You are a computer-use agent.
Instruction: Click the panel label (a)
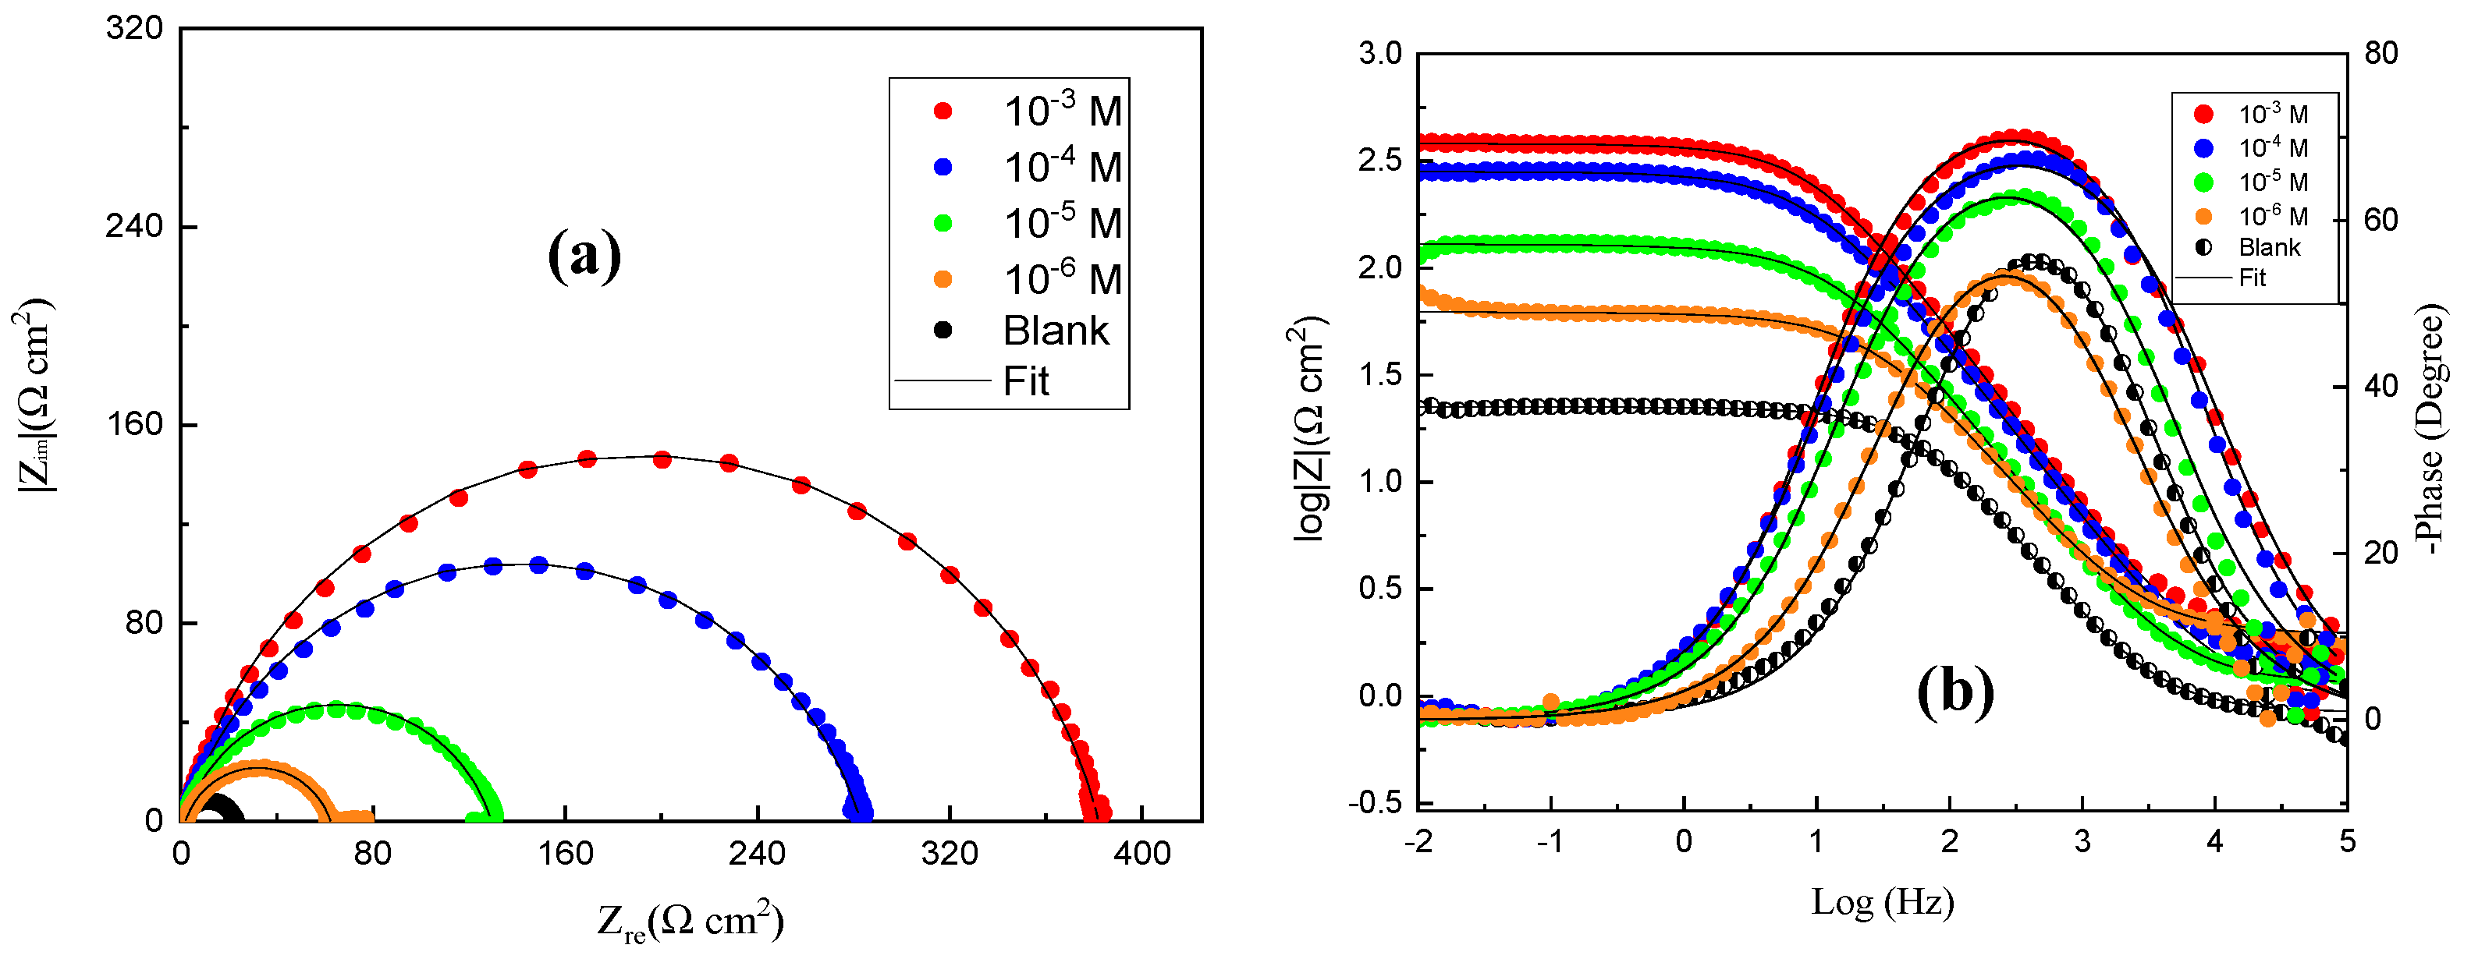(x=584, y=255)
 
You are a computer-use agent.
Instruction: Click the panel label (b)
(x=1955, y=692)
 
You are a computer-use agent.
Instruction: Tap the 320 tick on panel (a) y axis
(x=134, y=29)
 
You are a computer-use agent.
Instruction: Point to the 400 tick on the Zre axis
(x=1141, y=852)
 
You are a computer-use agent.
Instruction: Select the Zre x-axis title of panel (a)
(x=690, y=922)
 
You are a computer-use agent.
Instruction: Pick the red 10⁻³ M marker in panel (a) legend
(x=943, y=111)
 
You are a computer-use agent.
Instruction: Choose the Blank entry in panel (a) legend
(x=1055, y=331)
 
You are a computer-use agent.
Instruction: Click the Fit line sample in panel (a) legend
(x=942, y=380)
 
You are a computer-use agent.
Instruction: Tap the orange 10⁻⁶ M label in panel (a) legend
(x=1062, y=278)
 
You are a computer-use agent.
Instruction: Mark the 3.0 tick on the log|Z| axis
(x=1379, y=54)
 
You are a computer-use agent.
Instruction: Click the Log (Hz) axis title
(x=1882, y=902)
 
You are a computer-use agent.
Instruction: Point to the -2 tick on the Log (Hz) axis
(x=1418, y=842)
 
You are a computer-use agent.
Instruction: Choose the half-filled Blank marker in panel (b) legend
(x=2203, y=247)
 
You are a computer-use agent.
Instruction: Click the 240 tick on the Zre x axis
(x=757, y=852)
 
